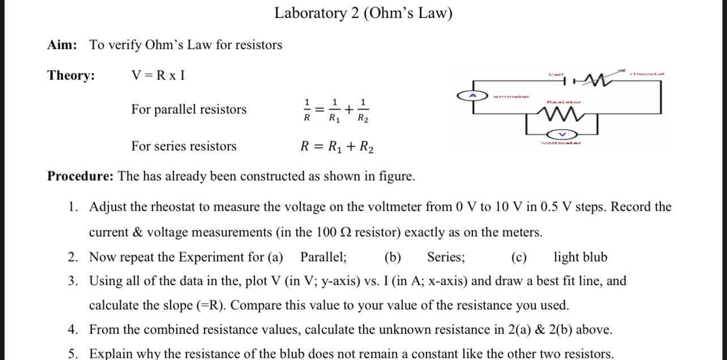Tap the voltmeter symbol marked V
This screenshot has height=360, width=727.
pos(562,135)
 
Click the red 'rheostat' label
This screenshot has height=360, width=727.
pos(647,73)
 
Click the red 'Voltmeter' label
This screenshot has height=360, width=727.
pos(561,143)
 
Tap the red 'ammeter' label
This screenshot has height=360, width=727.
pos(511,96)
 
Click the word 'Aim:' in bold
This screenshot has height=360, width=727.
pos(62,45)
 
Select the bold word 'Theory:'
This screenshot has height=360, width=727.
pos(71,75)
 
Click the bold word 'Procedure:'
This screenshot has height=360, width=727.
pos(80,176)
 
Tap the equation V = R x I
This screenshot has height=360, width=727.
pos(158,75)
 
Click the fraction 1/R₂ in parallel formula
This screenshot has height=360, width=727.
pos(362,110)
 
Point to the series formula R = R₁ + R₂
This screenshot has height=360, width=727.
pos(336,147)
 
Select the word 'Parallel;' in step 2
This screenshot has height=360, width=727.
pos(323,257)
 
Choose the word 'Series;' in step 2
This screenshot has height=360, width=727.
pos(446,257)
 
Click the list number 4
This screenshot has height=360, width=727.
pos(72,329)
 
